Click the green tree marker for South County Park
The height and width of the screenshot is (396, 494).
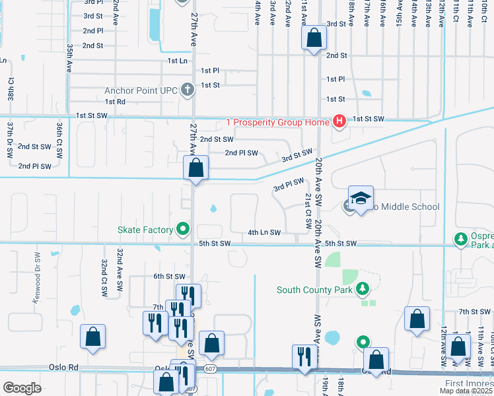(x=361, y=289)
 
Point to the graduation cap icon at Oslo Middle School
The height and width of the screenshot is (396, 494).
(x=361, y=199)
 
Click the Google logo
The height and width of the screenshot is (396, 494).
(x=22, y=388)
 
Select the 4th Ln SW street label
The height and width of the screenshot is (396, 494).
(x=264, y=232)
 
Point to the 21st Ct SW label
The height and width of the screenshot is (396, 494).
(x=308, y=211)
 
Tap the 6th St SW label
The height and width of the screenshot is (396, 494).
(x=167, y=276)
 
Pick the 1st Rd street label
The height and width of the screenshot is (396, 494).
(x=115, y=102)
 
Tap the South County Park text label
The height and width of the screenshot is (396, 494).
(x=314, y=289)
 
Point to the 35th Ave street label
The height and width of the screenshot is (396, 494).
(x=69, y=58)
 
